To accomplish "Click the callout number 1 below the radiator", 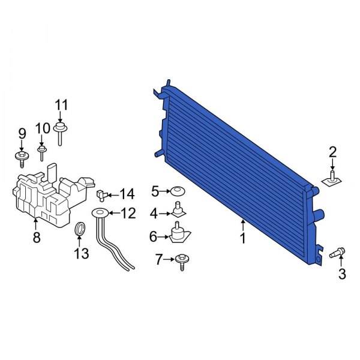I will pyautogui.click(x=243, y=238).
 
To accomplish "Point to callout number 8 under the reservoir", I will pyautogui.click(x=36, y=238).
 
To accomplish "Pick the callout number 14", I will pyautogui.click(x=127, y=194).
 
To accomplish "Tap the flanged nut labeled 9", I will pyautogui.click(x=22, y=157).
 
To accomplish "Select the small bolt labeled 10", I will pyautogui.click(x=42, y=151).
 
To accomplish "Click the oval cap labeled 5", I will pyautogui.click(x=176, y=191).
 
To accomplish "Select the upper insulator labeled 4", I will pyautogui.click(x=178, y=211).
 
